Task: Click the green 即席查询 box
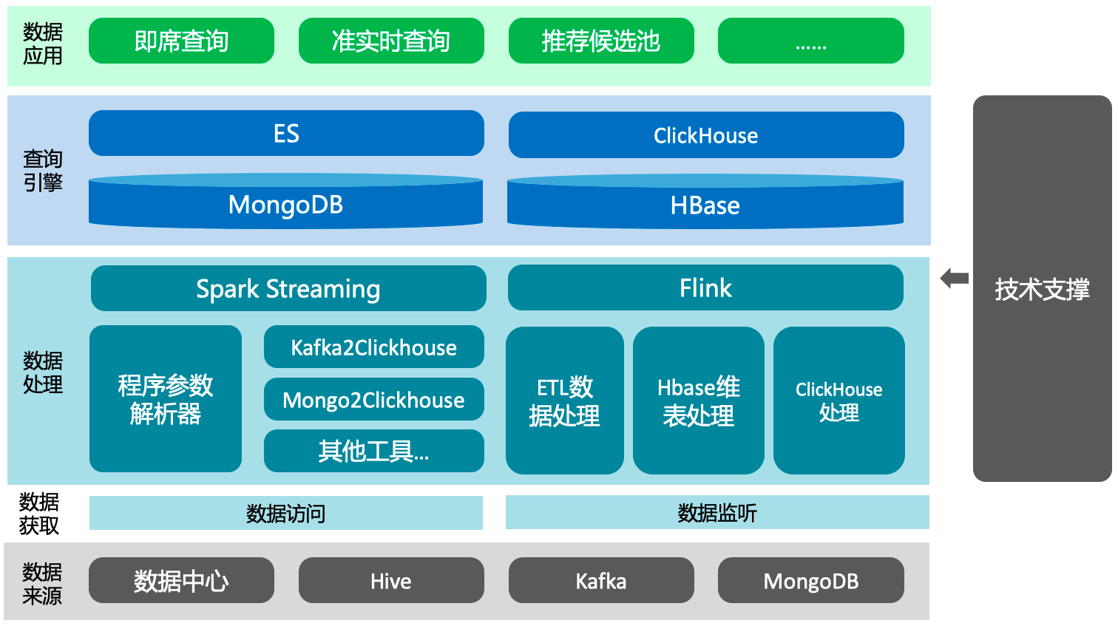[x=181, y=41]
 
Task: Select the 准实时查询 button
[x=391, y=41]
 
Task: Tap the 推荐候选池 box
[x=601, y=41]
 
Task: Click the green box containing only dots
[x=810, y=41]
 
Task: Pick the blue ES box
[x=286, y=133]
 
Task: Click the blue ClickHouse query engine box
[x=706, y=135]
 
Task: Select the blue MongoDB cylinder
[x=285, y=202]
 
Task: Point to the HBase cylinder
[x=705, y=202]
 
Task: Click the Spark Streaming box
[x=288, y=288]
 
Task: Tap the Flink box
[x=705, y=288]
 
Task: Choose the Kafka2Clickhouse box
[x=374, y=347]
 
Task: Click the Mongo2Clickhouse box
[x=374, y=399]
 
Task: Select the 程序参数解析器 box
[x=166, y=398]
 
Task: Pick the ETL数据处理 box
[x=564, y=400]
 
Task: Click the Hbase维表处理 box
[x=698, y=400]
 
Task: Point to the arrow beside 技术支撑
[x=955, y=279]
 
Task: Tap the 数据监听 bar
[x=717, y=511]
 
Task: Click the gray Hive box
[x=391, y=580]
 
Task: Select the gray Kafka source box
[x=601, y=580]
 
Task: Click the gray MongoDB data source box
[x=810, y=580]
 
